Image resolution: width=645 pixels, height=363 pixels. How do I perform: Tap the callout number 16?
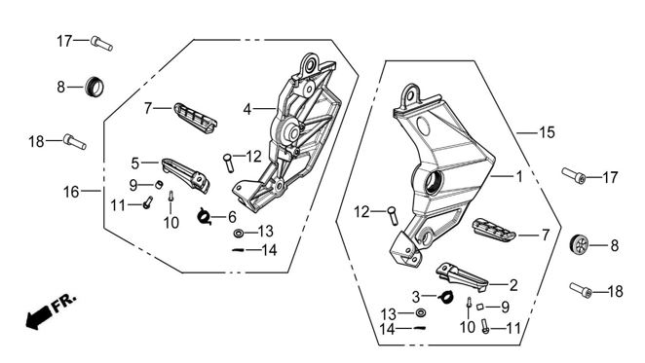pos(71,192)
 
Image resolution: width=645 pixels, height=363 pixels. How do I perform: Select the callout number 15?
pos(547,132)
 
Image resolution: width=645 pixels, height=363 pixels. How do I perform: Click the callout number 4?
pos(247,109)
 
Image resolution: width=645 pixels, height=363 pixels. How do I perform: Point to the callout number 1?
pos(519,176)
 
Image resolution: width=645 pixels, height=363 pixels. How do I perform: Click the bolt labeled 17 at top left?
pos(101,43)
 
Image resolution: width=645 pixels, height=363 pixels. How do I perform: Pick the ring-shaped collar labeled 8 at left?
pos(95,87)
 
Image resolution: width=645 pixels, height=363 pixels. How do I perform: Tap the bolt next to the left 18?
pos(74,141)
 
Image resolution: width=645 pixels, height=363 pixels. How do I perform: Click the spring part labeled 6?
pos(205,216)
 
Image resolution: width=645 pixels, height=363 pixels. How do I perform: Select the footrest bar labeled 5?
pos(185,175)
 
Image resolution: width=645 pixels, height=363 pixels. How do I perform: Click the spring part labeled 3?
pos(446,297)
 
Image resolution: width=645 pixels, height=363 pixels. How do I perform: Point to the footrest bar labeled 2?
pos(462,277)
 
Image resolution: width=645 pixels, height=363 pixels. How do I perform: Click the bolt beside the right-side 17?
pos(574,175)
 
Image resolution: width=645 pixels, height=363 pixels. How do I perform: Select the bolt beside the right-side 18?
pos(581,290)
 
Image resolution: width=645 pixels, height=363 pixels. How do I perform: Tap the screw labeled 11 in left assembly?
pos(148,202)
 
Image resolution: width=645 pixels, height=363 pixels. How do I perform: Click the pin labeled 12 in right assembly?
pos(392,215)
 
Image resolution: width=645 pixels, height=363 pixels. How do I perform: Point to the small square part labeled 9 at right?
pos(479,307)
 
